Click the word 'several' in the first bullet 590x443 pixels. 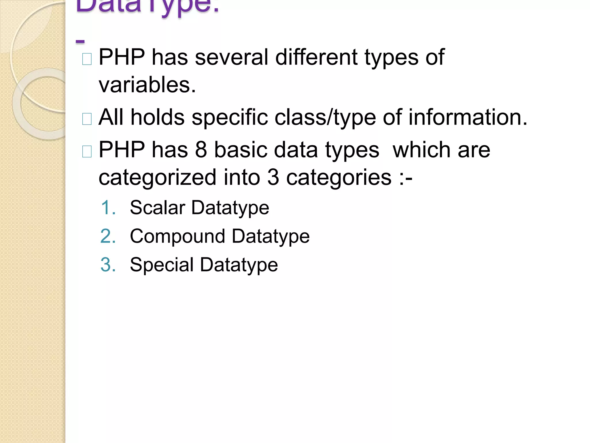pyautogui.click(x=231, y=57)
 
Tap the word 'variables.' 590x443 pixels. pyautogui.click(x=147, y=85)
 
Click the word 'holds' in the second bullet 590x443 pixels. pyautogui.click(x=157, y=117)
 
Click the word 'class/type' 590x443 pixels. pyautogui.click(x=325, y=117)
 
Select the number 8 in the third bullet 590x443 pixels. pyautogui.click(x=201, y=150)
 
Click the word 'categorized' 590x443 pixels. pyautogui.click(x=157, y=177)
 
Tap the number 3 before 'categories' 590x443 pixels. pyautogui.click(x=273, y=177)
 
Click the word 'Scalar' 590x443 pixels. pyautogui.click(x=157, y=208)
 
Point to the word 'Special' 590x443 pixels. pyautogui.click(x=162, y=265)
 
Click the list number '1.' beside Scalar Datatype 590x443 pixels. pyautogui.click(x=108, y=208)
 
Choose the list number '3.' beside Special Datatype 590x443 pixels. pyautogui.click(x=108, y=265)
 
